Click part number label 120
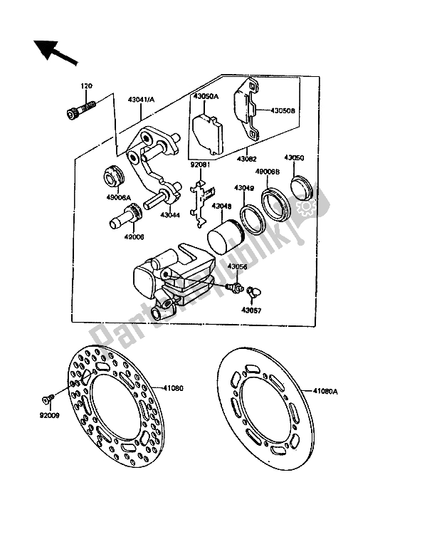tap(87, 87)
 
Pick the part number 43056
tap(239, 267)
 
